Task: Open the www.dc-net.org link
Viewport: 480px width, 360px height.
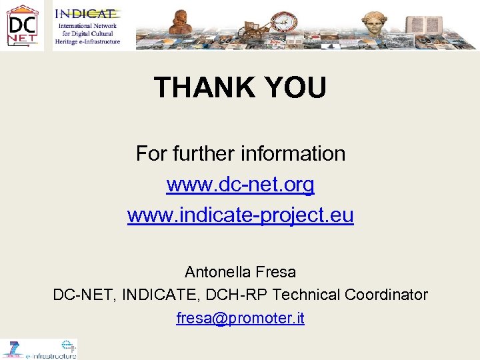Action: click(x=240, y=185)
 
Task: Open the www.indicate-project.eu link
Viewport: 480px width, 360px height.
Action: click(x=240, y=215)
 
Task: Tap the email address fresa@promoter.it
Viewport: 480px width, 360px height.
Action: click(x=240, y=318)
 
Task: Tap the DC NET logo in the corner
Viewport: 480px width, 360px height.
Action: click(x=22, y=25)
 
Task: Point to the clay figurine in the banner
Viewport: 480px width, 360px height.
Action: click(x=179, y=23)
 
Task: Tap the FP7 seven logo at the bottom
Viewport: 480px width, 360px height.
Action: click(x=13, y=348)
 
